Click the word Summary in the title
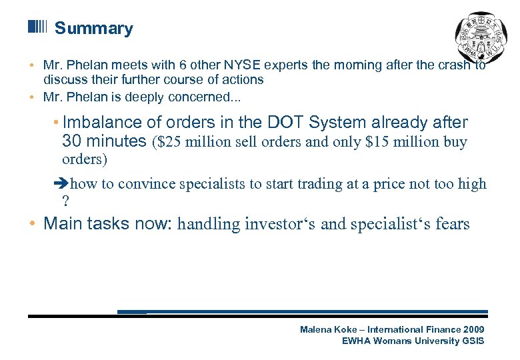tap(93, 29)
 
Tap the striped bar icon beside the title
tap(38, 27)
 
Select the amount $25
tap(167, 141)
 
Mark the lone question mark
tap(65, 201)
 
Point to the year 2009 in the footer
tap(473, 329)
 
